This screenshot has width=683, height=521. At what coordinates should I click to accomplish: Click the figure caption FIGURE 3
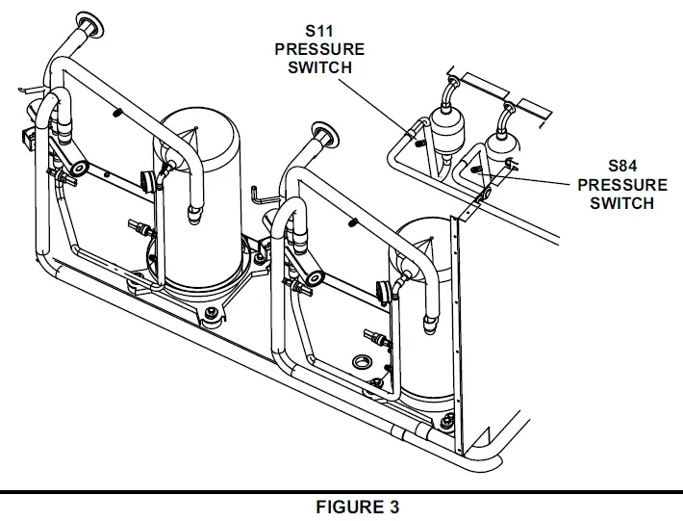pos(356,508)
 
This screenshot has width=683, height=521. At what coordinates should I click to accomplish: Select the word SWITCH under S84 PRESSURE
pos(622,202)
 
